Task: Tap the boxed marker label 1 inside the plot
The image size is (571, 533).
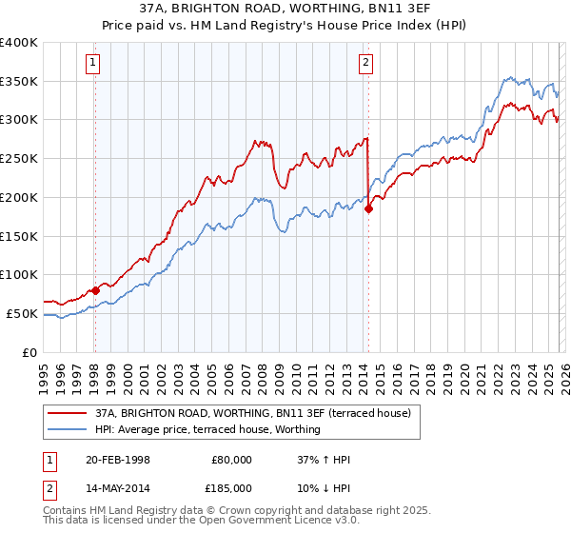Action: tap(93, 64)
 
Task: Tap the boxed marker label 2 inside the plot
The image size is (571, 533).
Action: tap(366, 64)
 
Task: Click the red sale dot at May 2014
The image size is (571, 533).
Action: tap(368, 209)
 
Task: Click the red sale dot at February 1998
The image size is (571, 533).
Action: tap(95, 290)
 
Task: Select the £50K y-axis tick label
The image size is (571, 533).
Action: tap(22, 313)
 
